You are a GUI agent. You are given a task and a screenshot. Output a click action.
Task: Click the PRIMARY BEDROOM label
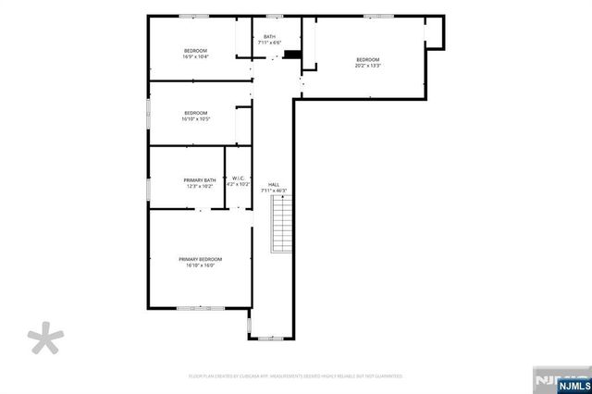pos(201,259)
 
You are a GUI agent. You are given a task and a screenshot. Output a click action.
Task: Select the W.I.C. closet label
pos(238,179)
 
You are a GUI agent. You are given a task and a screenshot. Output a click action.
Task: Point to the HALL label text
pos(274,184)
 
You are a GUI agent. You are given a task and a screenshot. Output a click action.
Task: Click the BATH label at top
pos(269,37)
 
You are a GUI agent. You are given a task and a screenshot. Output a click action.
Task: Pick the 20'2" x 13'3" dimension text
pos(368,66)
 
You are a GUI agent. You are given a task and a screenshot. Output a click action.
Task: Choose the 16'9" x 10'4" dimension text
pos(195,56)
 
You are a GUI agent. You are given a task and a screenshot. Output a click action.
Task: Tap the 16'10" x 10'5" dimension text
pos(195,118)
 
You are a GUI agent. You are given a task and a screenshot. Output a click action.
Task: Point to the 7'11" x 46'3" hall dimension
pos(274,191)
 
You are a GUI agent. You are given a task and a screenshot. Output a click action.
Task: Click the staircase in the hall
pos(279,226)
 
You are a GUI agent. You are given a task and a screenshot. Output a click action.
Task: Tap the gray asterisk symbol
pos(42,339)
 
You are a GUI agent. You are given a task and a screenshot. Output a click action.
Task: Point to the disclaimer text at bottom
pos(295,376)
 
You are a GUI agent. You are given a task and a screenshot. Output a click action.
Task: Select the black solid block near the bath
pos(292,54)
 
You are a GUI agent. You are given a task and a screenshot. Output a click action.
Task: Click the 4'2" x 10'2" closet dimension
pos(239,185)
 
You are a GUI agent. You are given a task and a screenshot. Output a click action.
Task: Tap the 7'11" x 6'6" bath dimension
pos(269,43)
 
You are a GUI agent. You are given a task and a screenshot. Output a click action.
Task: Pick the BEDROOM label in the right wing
pos(368,59)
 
